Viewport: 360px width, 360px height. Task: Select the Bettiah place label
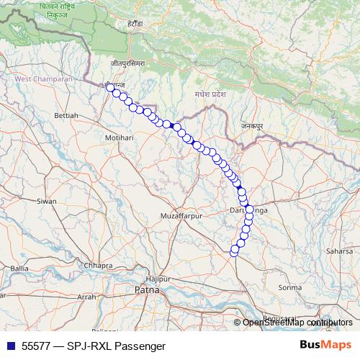pos(66,115)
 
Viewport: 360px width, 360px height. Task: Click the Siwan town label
pos(47,202)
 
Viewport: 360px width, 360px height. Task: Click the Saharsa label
pos(341,251)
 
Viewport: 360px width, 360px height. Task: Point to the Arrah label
pos(87,297)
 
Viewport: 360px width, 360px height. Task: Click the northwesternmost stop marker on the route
pos(110,86)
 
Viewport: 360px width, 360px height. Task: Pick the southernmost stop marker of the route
pos(234,251)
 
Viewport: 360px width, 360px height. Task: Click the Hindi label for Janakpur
pos(252,127)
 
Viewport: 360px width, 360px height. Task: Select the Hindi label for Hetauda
pos(136,24)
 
